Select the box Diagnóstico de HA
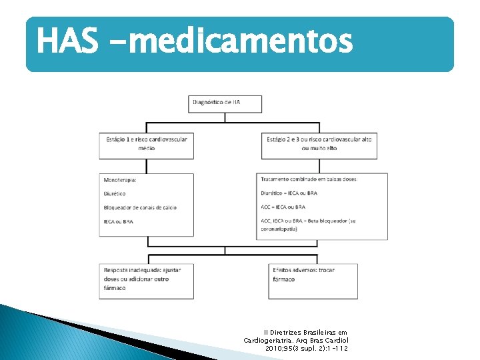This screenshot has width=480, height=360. coord(225,103)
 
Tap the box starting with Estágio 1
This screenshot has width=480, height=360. coord(147,144)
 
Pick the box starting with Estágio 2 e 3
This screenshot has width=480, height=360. coord(319,144)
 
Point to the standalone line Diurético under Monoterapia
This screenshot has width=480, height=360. coord(115,194)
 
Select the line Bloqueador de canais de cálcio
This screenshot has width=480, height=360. coord(140,207)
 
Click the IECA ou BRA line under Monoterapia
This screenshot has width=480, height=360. coord(119,221)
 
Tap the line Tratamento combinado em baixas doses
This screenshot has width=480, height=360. coord(309,179)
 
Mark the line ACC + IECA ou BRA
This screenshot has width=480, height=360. coord(283,207)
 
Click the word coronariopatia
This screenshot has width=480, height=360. coord(282,229)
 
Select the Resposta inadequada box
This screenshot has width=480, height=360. coord(147,280)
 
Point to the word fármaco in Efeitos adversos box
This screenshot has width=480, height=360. coord(283,279)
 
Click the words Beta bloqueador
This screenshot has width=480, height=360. coord(326,221)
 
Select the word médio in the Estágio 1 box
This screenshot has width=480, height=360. coord(147,148)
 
